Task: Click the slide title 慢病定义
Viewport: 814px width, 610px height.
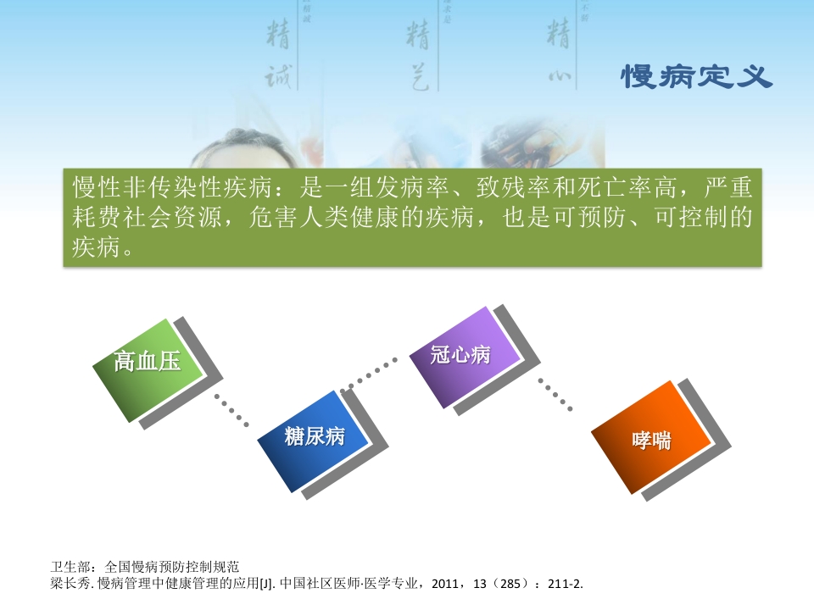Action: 697,77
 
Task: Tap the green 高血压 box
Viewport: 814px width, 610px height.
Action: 148,363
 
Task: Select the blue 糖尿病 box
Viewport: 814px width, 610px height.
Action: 314,436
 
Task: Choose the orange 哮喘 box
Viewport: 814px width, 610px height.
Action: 651,440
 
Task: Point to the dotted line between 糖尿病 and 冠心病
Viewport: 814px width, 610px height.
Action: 371,374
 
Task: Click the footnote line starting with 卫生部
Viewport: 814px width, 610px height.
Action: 145,566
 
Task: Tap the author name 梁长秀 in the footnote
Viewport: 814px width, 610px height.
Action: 70,584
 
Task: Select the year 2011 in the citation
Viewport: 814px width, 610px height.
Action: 447,584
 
